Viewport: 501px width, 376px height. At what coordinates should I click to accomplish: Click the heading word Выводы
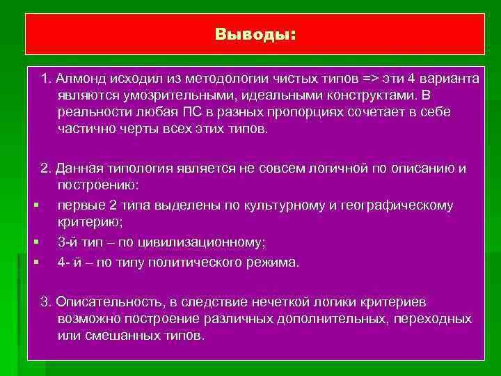[254, 35]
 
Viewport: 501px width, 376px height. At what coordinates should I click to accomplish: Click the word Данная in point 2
[79, 169]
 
